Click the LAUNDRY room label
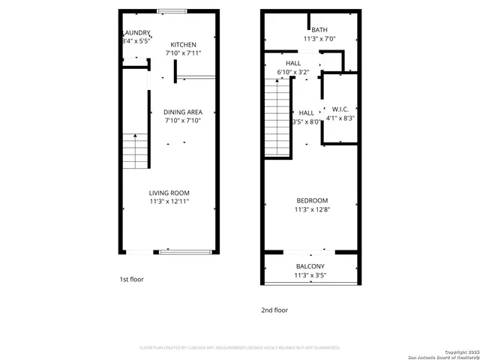136,33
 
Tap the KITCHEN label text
183,45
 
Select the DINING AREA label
183,110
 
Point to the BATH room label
309,30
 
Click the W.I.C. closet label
340,108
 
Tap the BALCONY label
310,267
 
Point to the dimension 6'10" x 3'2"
292,73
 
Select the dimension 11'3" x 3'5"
310,276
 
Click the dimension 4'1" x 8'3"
340,118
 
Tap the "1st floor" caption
131,279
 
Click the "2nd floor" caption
274,310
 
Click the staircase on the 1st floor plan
135,151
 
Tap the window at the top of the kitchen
172,11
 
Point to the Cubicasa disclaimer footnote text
240,347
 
